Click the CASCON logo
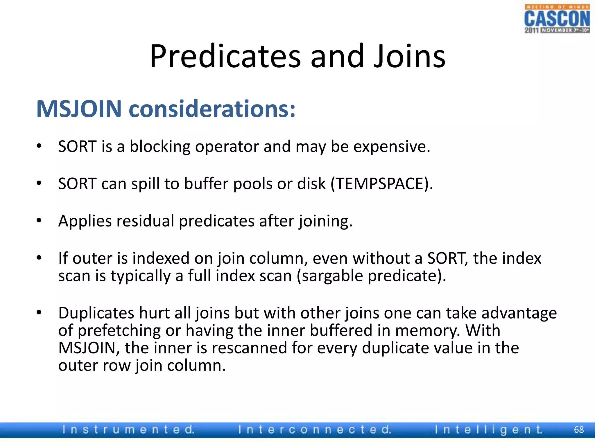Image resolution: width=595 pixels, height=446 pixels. tap(557, 19)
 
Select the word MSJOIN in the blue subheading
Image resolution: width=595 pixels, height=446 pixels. tap(79, 109)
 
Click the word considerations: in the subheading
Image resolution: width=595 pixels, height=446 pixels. tap(212, 109)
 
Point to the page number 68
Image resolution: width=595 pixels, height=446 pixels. tap(579, 429)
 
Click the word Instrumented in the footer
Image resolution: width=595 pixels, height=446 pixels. tap(128, 429)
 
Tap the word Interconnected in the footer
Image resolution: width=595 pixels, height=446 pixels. tap(315, 429)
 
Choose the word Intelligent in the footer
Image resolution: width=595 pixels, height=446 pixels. tap(488, 429)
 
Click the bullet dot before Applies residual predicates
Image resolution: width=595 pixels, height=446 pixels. tap(39, 220)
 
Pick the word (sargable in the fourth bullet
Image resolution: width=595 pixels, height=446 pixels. tap(330, 276)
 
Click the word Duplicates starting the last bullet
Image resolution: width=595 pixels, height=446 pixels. tap(96, 313)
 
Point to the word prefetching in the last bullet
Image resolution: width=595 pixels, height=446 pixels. tap(119, 331)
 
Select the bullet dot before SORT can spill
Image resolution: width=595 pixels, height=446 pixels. tap(39, 183)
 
